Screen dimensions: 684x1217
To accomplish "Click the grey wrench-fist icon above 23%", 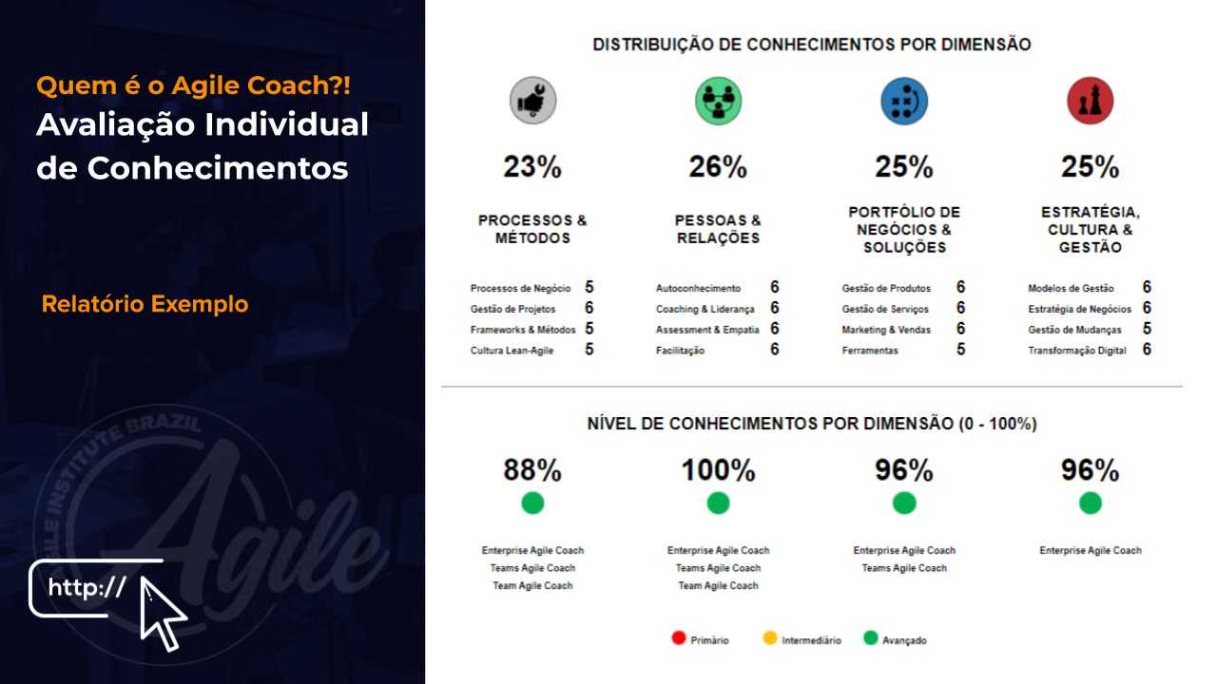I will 532,101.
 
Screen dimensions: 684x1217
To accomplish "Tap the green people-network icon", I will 718,101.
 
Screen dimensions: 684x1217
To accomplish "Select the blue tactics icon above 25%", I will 904,101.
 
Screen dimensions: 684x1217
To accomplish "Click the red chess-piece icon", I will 1090,101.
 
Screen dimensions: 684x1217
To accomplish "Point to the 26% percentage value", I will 718,167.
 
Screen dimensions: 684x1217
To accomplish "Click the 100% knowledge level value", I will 718,470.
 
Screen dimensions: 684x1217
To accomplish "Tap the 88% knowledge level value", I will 532,470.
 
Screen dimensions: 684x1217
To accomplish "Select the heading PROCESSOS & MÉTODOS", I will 532,229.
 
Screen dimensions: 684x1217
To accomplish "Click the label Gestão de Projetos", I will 512,309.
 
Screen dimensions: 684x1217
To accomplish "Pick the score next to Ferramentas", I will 961,350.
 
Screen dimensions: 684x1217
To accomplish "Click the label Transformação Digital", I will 1076,351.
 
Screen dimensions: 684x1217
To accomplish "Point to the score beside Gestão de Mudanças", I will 1147,329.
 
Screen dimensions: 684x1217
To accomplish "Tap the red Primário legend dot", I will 678,638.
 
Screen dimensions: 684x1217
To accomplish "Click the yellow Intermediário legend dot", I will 770,638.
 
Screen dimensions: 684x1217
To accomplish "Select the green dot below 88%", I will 532,503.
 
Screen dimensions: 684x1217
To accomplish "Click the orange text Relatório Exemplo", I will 145,304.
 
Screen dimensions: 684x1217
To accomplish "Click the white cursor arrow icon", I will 162,613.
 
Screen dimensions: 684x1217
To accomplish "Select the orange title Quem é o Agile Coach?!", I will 193,85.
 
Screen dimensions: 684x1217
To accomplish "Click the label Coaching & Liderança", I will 705,309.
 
